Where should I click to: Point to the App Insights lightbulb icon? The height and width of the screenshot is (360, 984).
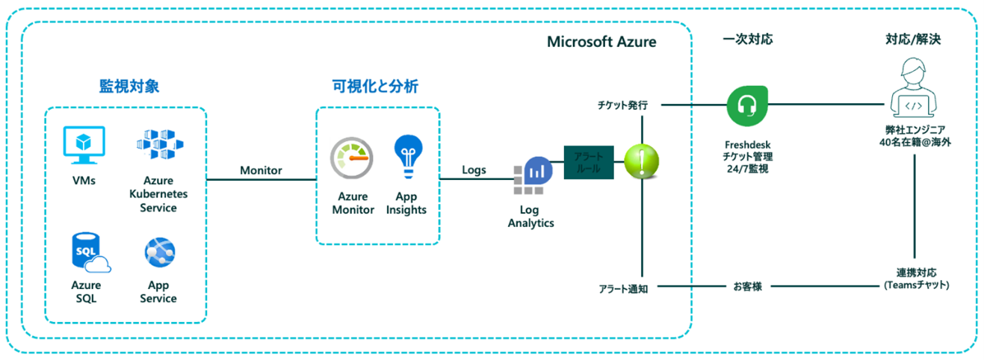[x=408, y=155]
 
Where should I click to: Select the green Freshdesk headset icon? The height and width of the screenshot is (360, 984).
[x=748, y=105]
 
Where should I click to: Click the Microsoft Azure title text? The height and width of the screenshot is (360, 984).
[x=601, y=42]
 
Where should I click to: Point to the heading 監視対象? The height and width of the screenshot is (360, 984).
[x=129, y=87]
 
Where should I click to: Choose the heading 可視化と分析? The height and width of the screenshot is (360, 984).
[x=375, y=87]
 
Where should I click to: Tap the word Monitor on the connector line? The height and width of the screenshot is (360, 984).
[x=261, y=170]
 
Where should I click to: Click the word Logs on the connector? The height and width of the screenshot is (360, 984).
[x=474, y=170]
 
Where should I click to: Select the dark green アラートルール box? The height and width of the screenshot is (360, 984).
[x=588, y=164]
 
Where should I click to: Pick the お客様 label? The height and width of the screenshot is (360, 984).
[x=747, y=286]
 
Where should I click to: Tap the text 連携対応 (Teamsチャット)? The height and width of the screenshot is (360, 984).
[x=915, y=280]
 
